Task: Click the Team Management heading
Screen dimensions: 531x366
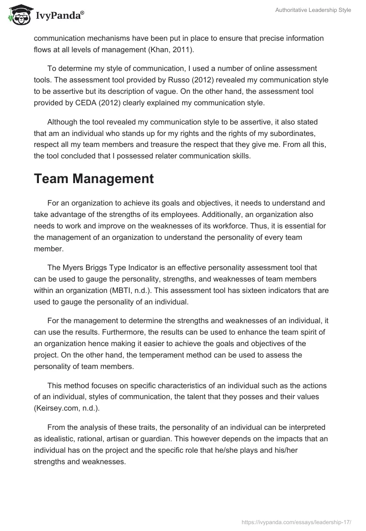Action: pos(93,179)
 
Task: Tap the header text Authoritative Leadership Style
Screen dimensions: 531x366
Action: pos(313,10)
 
